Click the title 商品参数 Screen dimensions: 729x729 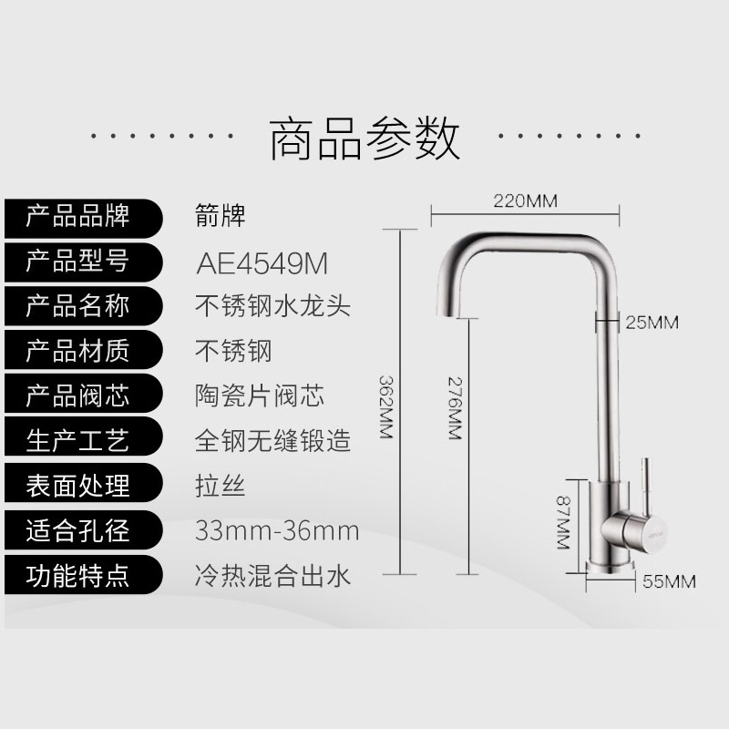[364, 138]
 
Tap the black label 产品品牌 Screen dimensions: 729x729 [77, 217]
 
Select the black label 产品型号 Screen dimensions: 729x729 [77, 262]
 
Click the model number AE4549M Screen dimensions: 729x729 [262, 262]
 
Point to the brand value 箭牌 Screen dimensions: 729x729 [221, 217]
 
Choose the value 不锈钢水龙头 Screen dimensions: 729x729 [272, 306]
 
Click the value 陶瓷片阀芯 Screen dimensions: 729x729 [260, 395]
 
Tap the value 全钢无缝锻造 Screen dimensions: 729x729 [272, 440]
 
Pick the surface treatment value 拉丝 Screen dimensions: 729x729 [221, 485]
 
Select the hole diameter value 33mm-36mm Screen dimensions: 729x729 [277, 530]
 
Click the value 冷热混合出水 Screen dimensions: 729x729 [272, 575]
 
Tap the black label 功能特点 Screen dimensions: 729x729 [77, 575]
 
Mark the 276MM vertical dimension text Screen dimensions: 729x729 [453, 406]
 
